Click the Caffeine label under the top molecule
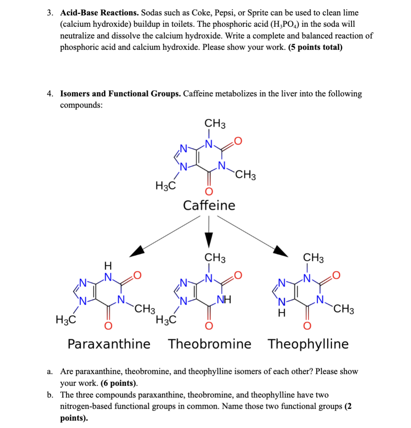coord(209,206)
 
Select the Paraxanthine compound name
coord(108,344)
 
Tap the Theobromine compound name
coord(210,344)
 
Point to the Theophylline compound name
coord(308,344)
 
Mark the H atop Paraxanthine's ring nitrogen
coord(108,266)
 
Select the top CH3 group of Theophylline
coord(314,258)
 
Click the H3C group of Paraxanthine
coord(66,320)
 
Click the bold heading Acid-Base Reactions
coord(100,13)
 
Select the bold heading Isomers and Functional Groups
coord(120,94)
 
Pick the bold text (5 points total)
coord(315,47)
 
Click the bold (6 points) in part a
coord(119,383)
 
